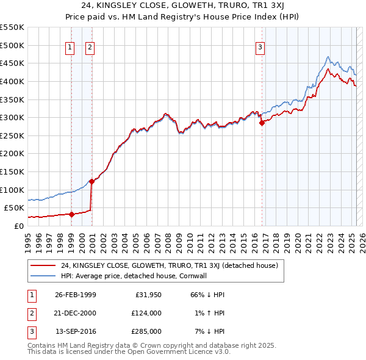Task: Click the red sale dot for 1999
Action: pyautogui.click(x=71, y=214)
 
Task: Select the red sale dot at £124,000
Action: pyautogui.click(x=91, y=181)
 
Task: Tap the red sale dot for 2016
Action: pyautogui.click(x=262, y=123)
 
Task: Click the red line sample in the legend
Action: pyautogui.click(x=43, y=265)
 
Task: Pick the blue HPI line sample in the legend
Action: pyautogui.click(x=43, y=276)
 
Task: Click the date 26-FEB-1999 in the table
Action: pyautogui.click(x=75, y=295)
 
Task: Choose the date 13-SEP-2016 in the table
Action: pyautogui.click(x=76, y=331)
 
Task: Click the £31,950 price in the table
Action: pyautogui.click(x=146, y=295)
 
